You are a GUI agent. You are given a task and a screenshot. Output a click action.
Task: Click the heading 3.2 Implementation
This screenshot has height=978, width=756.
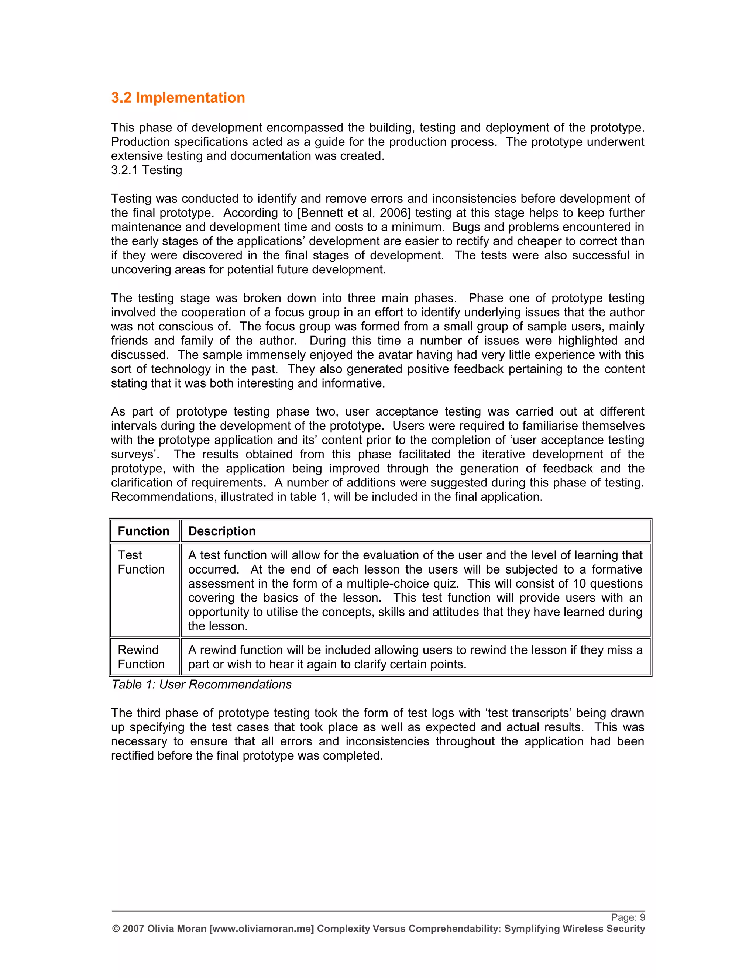tap(178, 98)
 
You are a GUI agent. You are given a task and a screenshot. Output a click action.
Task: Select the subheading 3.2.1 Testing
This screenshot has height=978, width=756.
tap(147, 170)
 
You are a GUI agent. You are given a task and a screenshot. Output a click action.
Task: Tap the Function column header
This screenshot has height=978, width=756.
tap(143, 531)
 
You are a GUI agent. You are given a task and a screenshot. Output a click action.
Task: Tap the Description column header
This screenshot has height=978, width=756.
tap(222, 531)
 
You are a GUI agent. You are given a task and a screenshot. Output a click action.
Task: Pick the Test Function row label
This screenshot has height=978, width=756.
tap(141, 562)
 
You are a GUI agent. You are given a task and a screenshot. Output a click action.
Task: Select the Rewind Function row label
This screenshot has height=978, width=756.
tap(141, 657)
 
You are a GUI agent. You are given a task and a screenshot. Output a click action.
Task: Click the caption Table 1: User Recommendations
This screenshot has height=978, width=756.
tap(201, 685)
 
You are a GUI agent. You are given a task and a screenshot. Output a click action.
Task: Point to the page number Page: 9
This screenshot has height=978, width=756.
tap(628, 917)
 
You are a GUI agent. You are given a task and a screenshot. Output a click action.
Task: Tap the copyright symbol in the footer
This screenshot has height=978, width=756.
tap(116, 929)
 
